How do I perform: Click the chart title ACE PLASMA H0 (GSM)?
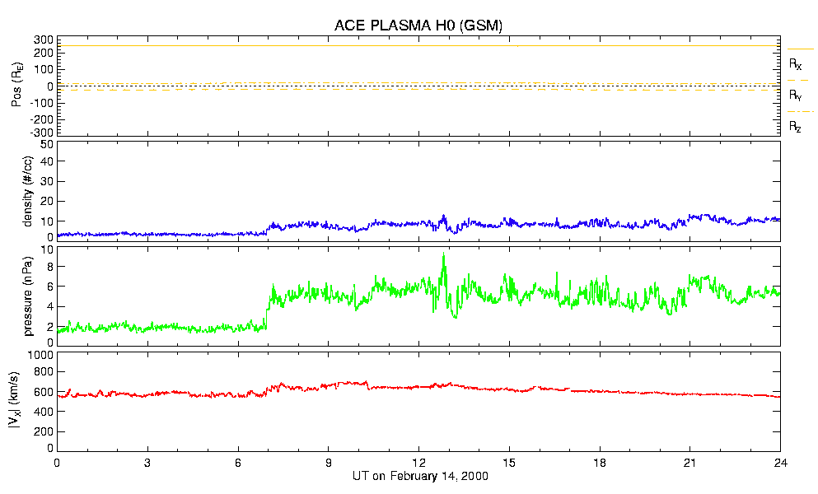point(418,26)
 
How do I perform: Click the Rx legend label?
point(796,63)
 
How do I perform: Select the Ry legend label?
point(796,96)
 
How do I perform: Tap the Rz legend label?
point(796,127)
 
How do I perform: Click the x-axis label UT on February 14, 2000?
point(418,477)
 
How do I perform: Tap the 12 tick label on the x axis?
point(418,463)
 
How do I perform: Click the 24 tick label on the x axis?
point(780,463)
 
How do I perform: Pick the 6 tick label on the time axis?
point(238,463)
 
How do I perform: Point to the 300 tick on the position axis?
point(44,40)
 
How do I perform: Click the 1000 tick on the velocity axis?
point(41,355)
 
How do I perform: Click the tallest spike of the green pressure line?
point(444,254)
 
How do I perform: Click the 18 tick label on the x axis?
point(600,463)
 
